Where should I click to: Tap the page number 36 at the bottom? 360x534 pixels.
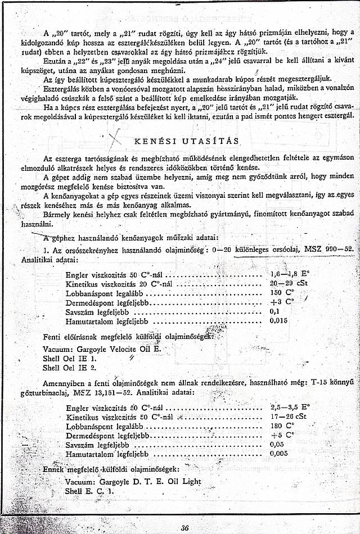pos(185,527)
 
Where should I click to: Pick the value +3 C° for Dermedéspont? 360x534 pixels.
pos(280,302)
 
